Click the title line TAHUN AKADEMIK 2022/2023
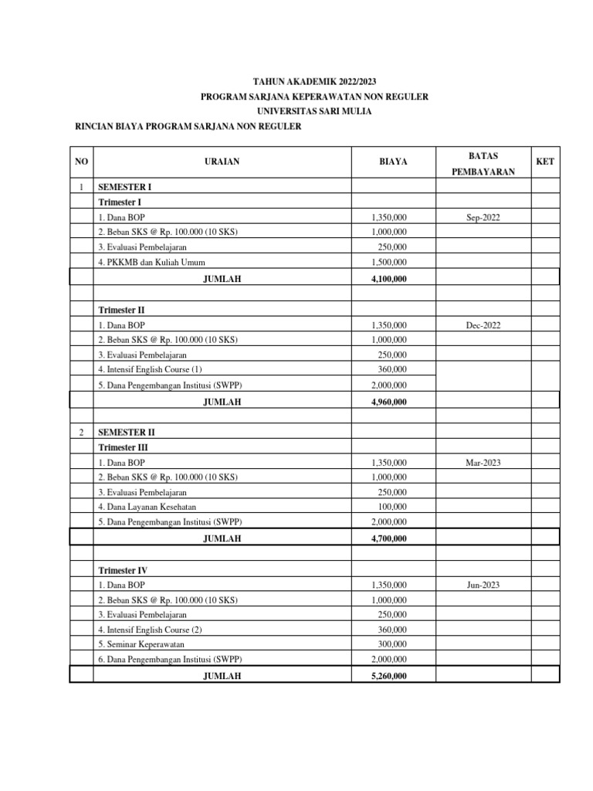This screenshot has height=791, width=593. point(315,80)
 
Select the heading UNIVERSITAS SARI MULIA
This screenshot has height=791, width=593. point(315,111)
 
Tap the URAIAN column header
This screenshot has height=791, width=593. point(222,161)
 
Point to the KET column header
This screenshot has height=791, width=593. point(545,161)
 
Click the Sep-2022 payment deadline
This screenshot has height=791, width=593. point(483,218)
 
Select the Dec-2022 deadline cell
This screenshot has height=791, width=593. point(483,325)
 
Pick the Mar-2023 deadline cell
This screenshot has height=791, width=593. point(483,462)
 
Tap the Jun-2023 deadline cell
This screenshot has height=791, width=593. point(483,585)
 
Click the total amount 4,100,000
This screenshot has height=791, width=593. point(390,278)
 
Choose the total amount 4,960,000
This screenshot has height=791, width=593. point(390,401)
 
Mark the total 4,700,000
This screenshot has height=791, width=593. point(390,538)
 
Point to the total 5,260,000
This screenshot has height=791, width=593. point(390,676)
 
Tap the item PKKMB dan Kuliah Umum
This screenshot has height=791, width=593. point(151,262)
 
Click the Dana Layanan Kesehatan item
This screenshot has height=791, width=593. point(146,507)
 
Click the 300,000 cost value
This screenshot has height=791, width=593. point(392,643)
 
